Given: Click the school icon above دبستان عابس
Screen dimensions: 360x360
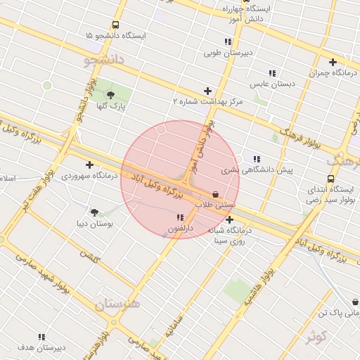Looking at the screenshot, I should (x=272, y=73).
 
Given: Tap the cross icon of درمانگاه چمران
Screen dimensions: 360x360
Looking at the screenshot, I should (x=333, y=62).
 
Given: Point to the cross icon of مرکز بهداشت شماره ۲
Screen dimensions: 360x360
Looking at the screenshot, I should (x=207, y=91).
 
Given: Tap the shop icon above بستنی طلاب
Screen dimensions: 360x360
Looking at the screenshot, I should (x=215, y=194).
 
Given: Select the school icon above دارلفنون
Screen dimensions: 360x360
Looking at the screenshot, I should (x=180, y=217).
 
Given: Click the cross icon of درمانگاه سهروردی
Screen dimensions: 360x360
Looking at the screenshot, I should (x=89, y=165).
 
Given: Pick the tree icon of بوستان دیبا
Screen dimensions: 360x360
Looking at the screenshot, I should (x=94, y=212).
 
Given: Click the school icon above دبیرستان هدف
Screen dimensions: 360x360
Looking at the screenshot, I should (x=41, y=337).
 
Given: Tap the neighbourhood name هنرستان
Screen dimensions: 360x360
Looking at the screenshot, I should (x=117, y=304).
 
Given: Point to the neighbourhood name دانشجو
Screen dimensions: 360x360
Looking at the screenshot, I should (x=104, y=60).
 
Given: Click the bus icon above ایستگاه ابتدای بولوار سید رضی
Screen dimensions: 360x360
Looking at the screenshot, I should (x=330, y=180).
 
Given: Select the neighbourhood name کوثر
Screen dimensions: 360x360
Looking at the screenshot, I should (x=317, y=337).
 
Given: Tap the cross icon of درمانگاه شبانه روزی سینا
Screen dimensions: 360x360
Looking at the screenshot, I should (x=229, y=220).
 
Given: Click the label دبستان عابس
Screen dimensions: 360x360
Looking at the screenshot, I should (x=273, y=84).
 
